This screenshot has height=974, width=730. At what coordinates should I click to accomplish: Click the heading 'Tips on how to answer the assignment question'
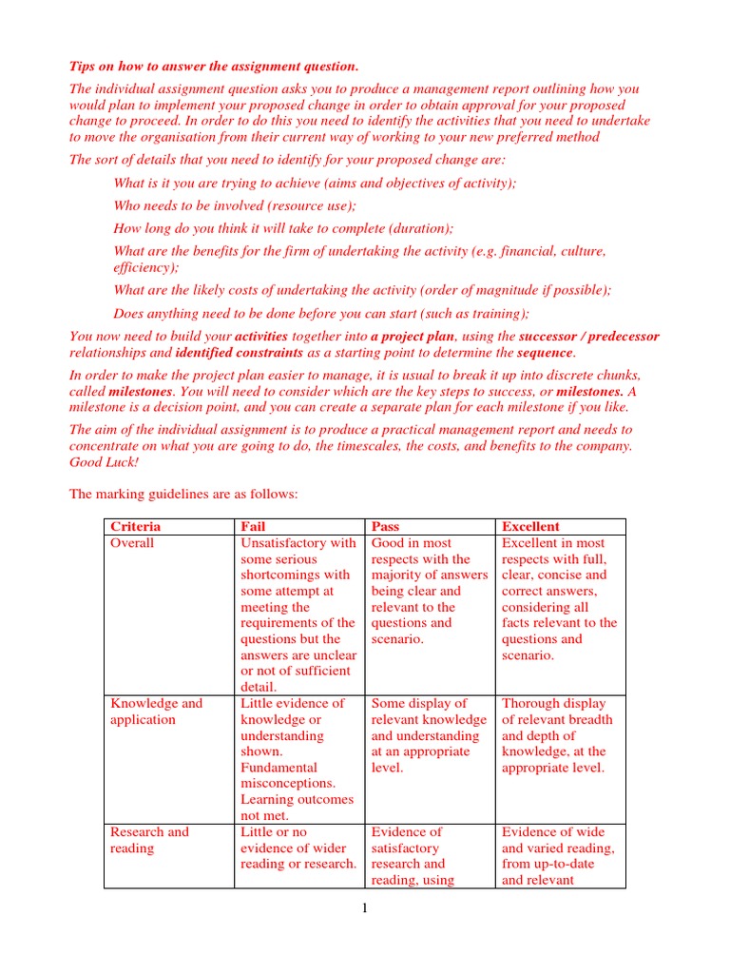click(x=214, y=66)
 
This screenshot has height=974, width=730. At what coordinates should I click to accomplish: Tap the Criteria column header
click(x=136, y=526)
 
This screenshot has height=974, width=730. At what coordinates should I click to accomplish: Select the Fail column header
click(x=254, y=526)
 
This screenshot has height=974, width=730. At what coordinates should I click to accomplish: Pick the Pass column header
click(x=387, y=526)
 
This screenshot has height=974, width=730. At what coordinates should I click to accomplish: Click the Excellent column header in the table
click(x=530, y=526)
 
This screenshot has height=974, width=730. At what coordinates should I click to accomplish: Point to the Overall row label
click(x=132, y=543)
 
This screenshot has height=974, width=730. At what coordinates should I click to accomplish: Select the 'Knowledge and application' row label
click(x=156, y=711)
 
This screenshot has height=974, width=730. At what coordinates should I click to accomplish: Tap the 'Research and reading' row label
click(x=149, y=840)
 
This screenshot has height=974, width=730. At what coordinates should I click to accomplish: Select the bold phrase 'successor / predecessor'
click(x=589, y=337)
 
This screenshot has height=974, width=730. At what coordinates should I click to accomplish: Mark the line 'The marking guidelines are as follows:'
click(x=183, y=494)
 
